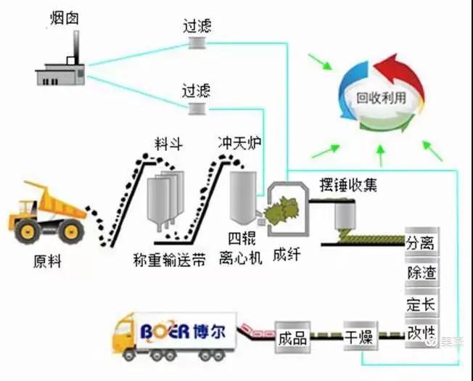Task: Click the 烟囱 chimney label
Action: pos(65,18)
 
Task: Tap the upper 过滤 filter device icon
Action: pos(197,42)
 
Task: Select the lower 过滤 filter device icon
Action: pos(197,108)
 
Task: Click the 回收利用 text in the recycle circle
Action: pos(382,98)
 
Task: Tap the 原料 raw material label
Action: pos(47,261)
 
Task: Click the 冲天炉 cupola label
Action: pos(239,142)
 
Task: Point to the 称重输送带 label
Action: pos(170,260)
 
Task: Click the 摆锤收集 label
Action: pos(348,185)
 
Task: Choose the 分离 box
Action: pos(421,242)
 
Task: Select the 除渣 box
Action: pos(421,272)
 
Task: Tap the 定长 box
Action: pos(421,303)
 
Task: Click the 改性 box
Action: pos(421,333)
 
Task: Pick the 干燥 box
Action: pos(361,336)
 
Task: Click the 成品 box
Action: pos(292,337)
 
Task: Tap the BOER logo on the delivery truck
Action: pos(184,331)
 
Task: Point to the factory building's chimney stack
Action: pos(76,47)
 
